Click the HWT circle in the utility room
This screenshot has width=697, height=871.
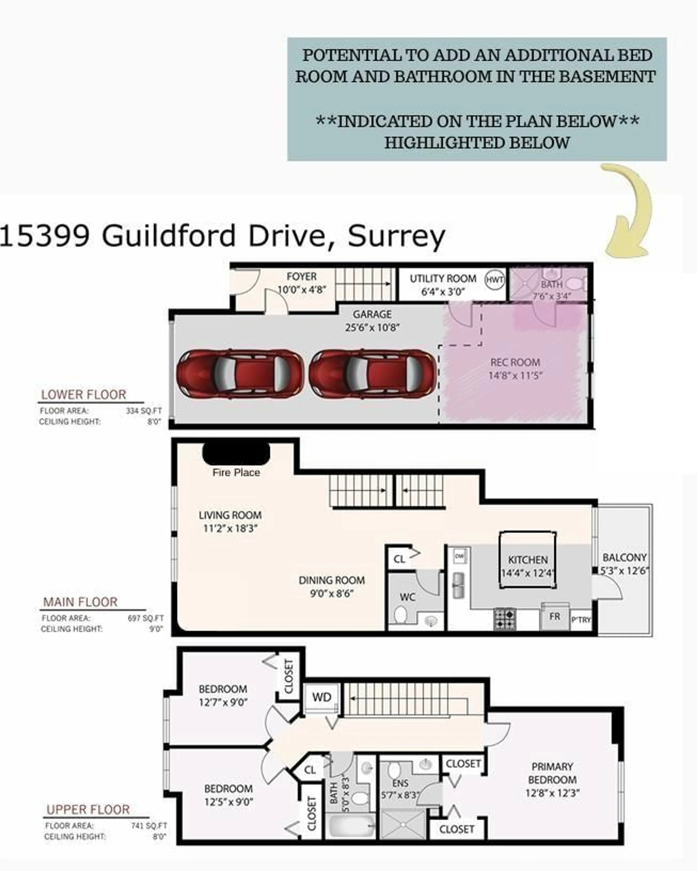coord(495,280)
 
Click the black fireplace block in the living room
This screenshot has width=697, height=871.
coord(236,454)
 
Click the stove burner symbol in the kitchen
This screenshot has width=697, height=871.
coord(505,619)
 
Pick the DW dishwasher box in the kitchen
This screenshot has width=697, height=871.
coord(459,556)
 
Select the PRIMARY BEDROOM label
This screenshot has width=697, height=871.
coord(552,773)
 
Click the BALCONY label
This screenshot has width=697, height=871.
coord(624,558)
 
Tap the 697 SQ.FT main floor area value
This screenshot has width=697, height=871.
coord(145,618)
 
